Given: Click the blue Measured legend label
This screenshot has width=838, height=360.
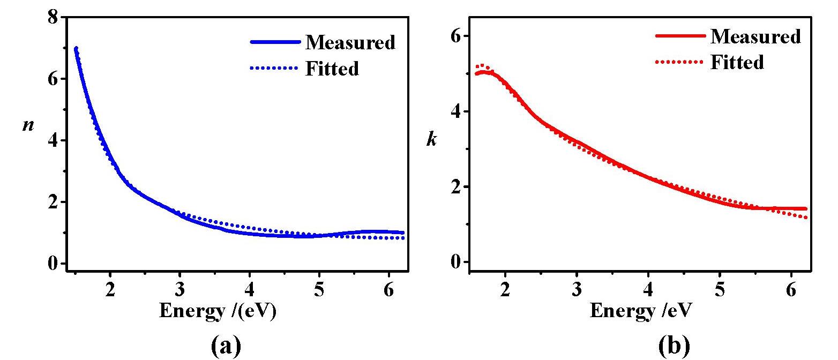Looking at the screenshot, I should [x=350, y=42].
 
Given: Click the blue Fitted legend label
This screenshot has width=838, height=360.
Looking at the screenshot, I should [x=332, y=69].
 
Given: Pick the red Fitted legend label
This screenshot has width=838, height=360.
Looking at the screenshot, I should [x=737, y=62].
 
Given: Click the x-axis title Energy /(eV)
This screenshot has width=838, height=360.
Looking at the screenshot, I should [x=218, y=311].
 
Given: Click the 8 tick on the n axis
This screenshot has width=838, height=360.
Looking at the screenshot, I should [x=53, y=17].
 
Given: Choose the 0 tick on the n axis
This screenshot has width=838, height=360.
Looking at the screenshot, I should [x=53, y=264].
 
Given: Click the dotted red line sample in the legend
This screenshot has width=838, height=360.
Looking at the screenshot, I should [x=679, y=62].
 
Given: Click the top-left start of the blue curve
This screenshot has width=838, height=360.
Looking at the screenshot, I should [x=76, y=49].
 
